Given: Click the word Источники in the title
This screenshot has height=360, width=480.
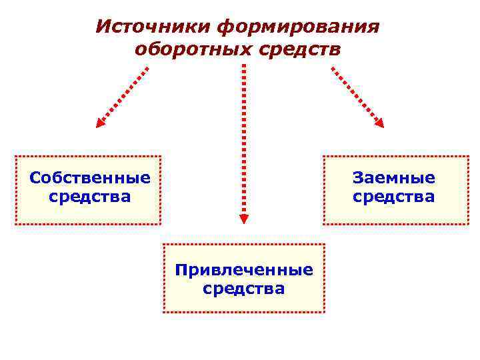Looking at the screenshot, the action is tap(153, 27).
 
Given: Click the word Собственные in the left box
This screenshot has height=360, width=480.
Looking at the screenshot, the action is tap(90, 178).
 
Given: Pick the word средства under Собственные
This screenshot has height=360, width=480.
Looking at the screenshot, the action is tap(90, 197).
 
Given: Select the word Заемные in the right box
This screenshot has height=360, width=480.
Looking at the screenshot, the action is tap(394, 178).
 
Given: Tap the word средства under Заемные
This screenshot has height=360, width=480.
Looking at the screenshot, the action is tap(394, 197).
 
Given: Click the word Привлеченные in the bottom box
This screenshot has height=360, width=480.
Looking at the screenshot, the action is tap(244, 270).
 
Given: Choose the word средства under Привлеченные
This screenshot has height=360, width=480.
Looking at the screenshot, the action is tap(244, 289).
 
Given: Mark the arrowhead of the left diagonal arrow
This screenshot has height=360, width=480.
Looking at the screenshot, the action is tap(100, 122).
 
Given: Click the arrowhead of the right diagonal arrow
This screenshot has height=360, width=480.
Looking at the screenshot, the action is tap(380, 122).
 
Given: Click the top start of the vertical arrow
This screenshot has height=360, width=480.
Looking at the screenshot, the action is tap(244, 67).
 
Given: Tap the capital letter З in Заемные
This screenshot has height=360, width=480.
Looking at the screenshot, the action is tap(358, 178).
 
